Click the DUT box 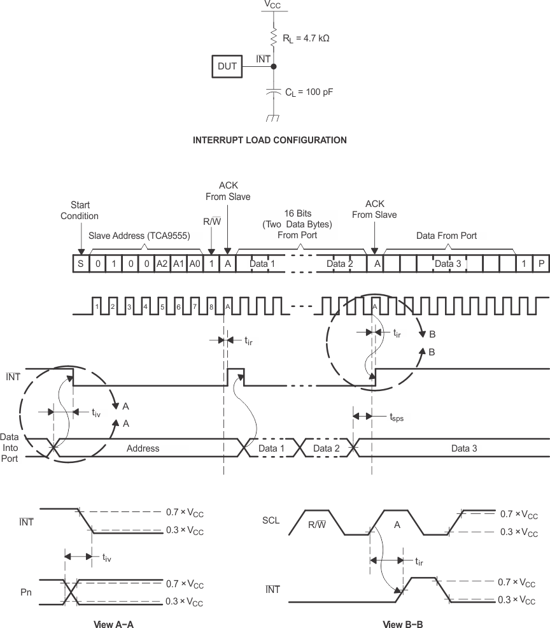click(228, 66)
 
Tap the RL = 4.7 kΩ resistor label click(306, 38)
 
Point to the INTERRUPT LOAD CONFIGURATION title click(269, 140)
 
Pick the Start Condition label click(80, 211)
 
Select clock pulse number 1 click(97, 306)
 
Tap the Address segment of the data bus click(143, 448)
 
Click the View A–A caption click(113, 624)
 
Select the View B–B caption click(403, 624)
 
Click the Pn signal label click(26, 592)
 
